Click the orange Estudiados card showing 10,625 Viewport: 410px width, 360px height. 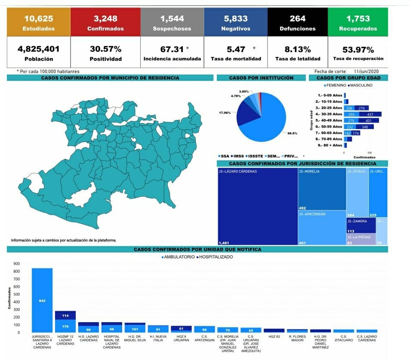[x=39, y=23]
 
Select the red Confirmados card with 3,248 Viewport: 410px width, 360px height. [x=105, y=23]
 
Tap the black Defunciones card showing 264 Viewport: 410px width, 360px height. [x=297, y=23]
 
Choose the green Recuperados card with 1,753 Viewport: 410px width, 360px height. [x=358, y=23]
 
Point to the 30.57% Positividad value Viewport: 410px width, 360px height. [x=105, y=49]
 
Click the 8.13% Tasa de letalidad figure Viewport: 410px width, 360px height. [x=297, y=49]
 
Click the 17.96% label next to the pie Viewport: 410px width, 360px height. [x=225, y=113]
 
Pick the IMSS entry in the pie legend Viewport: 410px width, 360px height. [x=238, y=156]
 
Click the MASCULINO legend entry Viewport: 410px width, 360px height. [x=361, y=86]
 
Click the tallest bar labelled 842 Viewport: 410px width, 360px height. [x=42, y=300]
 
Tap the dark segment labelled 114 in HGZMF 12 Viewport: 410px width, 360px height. [x=65, y=315]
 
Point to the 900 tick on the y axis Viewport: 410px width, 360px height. [x=17, y=264]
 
